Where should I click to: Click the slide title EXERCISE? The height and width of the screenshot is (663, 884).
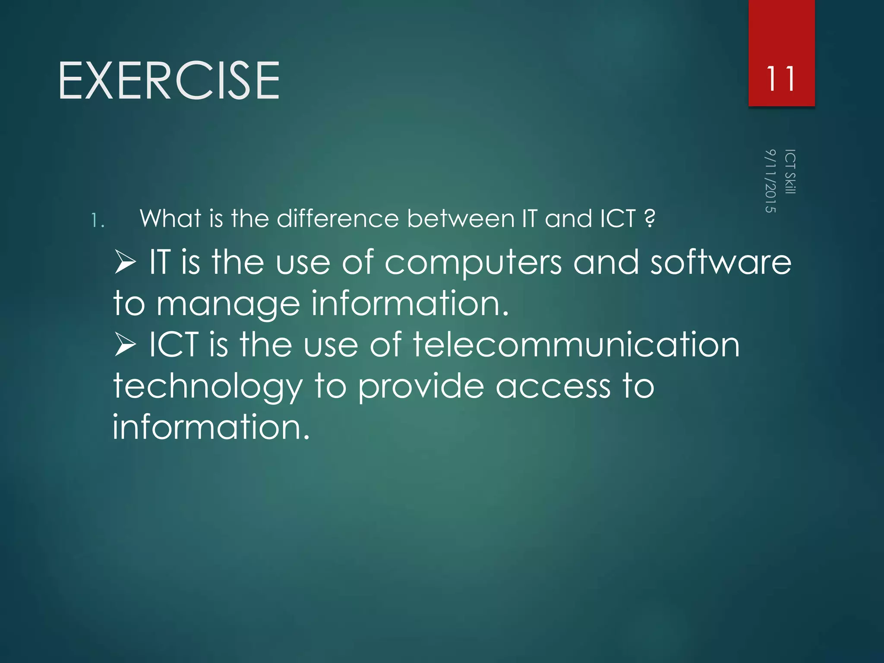click(169, 81)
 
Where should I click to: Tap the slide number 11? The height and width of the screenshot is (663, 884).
click(781, 79)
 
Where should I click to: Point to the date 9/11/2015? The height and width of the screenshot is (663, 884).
click(770, 181)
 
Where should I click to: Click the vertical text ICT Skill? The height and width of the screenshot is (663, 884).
click(790, 172)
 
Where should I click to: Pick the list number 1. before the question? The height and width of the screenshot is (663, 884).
click(98, 221)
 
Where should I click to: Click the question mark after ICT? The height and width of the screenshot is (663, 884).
click(649, 218)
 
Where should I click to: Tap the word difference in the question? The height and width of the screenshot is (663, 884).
click(338, 218)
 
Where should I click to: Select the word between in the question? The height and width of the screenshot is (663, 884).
click(461, 218)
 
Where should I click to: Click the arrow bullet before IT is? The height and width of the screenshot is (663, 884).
click(126, 262)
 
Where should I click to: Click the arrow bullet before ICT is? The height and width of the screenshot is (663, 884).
click(126, 345)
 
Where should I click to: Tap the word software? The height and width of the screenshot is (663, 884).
click(721, 262)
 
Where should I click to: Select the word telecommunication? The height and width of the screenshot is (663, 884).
click(576, 345)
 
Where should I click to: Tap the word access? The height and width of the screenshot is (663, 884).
click(553, 387)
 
